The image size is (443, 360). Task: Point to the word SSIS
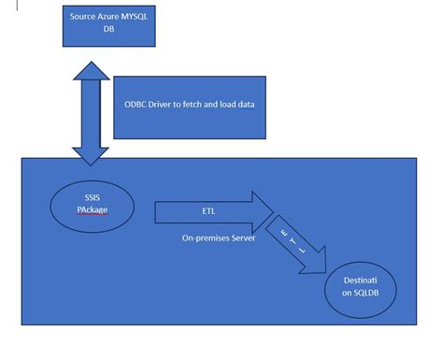click(x=92, y=197)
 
